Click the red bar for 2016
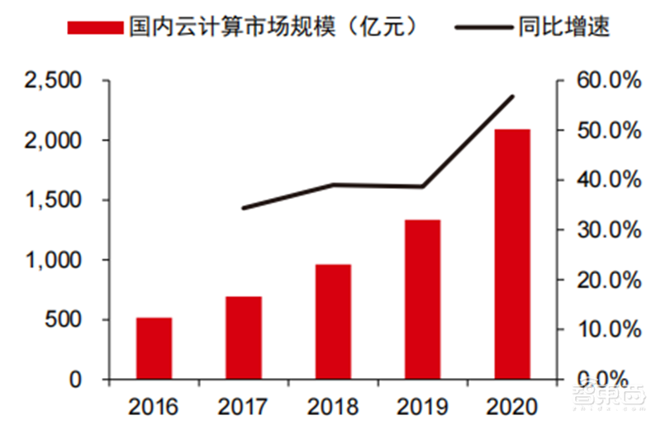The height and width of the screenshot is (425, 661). click(x=154, y=348)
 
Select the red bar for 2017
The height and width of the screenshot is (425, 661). click(x=244, y=338)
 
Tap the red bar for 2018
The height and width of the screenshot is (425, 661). click(x=333, y=322)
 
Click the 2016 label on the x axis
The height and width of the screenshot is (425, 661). click(x=155, y=406)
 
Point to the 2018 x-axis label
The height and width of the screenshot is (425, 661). click(x=333, y=406)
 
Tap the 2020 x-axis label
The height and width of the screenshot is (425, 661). click(x=512, y=406)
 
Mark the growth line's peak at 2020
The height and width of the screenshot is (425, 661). click(x=513, y=97)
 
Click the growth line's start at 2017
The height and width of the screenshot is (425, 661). click(x=244, y=208)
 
